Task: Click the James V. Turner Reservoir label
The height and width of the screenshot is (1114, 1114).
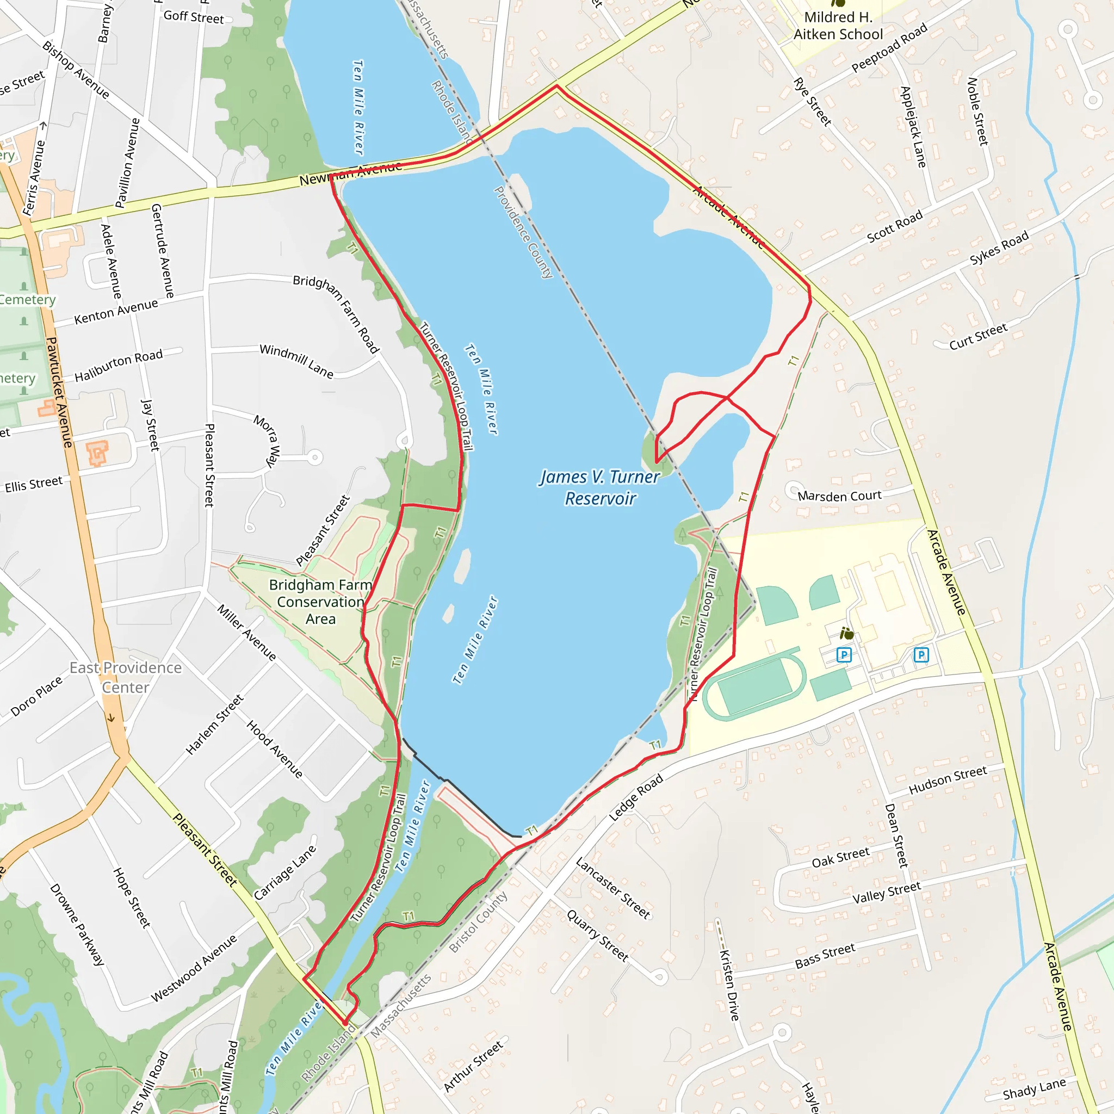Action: (599, 487)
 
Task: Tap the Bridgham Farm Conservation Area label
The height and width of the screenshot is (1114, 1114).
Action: (320, 602)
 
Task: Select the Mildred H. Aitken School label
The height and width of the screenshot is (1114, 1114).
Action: (838, 26)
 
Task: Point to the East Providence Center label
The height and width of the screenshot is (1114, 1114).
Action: (126, 678)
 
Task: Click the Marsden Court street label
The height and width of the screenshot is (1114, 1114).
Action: (839, 496)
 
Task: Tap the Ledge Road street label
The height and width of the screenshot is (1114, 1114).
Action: (636, 797)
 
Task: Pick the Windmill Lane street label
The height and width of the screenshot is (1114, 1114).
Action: (296, 361)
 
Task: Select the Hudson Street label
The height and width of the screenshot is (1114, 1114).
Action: (948, 779)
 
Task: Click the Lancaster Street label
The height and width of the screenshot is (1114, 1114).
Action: (613, 887)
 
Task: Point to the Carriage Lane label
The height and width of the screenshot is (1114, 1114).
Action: (286, 872)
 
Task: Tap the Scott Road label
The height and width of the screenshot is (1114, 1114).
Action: (894, 227)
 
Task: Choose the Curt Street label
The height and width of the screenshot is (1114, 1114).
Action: (978, 336)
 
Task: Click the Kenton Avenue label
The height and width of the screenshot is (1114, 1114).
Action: (116, 311)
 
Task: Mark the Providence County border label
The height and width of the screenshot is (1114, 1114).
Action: (524, 232)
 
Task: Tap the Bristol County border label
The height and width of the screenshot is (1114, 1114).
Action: (478, 921)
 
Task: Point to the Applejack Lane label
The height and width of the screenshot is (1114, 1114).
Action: (913, 127)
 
